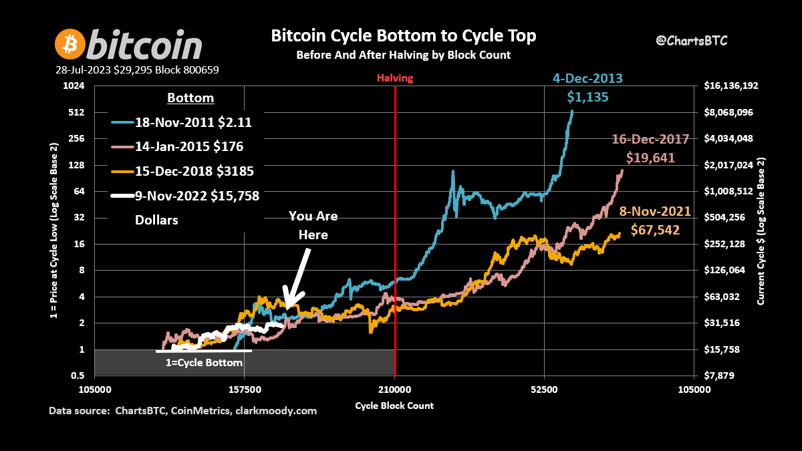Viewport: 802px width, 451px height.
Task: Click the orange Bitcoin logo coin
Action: tap(69, 44)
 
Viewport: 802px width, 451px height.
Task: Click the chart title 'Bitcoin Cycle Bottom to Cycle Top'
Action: tap(403, 35)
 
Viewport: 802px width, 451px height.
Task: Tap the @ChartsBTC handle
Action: tap(691, 41)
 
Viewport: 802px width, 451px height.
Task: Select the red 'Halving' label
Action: tap(395, 78)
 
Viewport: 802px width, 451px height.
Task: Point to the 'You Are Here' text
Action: tap(313, 225)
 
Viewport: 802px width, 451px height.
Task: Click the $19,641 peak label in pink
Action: tap(650, 158)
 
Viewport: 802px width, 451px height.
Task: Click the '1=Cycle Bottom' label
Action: tap(204, 362)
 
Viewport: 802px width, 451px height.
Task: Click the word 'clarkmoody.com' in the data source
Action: tap(275, 411)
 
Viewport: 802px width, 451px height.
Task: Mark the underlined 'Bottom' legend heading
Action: tap(190, 98)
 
